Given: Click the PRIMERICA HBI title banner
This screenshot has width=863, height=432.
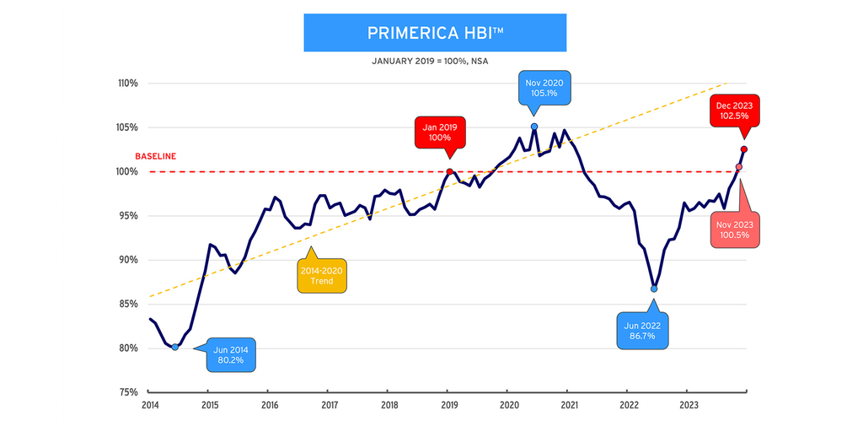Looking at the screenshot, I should (434, 33).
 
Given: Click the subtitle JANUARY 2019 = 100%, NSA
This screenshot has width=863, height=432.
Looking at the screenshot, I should (431, 62).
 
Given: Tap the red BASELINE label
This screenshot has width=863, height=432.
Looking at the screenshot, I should (155, 156).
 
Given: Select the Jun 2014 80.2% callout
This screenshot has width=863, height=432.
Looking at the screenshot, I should (230, 354).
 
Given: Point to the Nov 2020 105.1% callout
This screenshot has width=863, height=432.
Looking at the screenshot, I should (544, 87).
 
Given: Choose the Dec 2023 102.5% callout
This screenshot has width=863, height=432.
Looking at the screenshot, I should (733, 110).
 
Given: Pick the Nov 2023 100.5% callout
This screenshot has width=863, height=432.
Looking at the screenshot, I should (734, 229).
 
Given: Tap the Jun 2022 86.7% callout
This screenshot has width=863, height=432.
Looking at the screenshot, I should (642, 330).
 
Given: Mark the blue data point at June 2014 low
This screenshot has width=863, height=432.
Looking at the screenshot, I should (174, 347).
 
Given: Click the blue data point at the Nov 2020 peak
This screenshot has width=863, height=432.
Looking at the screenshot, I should (534, 127).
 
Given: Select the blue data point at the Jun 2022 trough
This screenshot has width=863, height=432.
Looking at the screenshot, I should (654, 289).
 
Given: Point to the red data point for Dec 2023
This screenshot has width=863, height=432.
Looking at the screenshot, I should (744, 149).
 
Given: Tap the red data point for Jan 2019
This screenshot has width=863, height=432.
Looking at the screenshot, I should (449, 171).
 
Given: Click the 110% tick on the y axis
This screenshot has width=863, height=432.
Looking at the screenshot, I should (128, 84).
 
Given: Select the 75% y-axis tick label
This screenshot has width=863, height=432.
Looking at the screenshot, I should (128, 392).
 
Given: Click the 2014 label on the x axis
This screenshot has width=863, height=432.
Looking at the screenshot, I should (149, 405).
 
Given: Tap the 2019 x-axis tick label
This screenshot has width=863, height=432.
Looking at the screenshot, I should (448, 405).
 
